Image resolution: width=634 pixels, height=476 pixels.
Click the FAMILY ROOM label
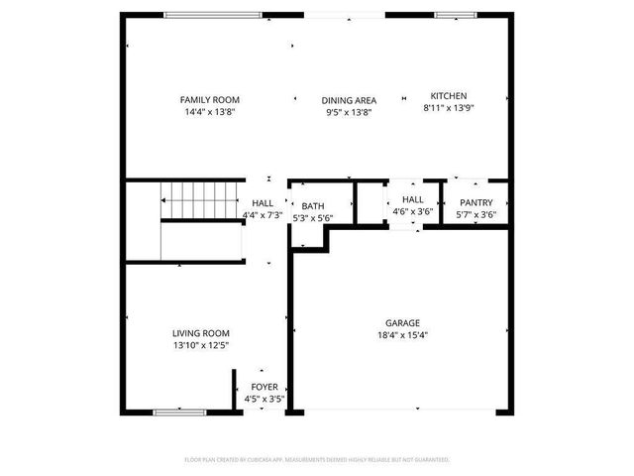coord(209,100)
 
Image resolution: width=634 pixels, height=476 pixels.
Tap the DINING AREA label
coord(349,100)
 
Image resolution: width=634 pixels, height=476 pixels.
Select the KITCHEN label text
coord(445,95)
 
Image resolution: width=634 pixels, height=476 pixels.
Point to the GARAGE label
coord(402,323)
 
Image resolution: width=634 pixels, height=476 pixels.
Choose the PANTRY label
coord(475,202)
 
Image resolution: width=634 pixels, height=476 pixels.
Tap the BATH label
coord(313,206)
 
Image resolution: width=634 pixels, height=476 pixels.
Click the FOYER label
coord(264,387)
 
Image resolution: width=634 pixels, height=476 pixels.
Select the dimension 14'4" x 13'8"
coord(209,112)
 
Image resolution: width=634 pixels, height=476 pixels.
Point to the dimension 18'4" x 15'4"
coord(402,335)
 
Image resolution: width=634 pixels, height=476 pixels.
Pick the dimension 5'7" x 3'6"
coord(475,214)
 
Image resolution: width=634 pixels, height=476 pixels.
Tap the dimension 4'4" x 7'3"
coord(263,214)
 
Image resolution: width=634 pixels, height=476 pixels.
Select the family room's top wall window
coord(213,15)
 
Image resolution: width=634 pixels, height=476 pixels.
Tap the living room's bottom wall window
coord(179,411)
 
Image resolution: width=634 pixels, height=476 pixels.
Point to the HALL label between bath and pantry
coord(412,198)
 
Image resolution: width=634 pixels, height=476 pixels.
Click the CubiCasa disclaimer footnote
coord(317,460)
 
